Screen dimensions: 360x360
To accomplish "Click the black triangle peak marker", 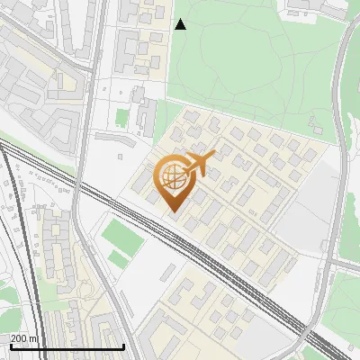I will pos(180,24).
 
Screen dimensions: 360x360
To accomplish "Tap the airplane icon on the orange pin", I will pos(201,163).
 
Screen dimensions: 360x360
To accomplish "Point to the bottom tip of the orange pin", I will pos(173,212).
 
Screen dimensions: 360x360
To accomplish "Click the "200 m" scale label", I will pos(24,338).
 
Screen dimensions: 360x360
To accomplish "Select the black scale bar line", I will pos(67,346).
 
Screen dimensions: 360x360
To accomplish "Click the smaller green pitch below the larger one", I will pos(119,260).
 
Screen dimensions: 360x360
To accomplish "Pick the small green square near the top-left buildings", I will pos(121,117).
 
